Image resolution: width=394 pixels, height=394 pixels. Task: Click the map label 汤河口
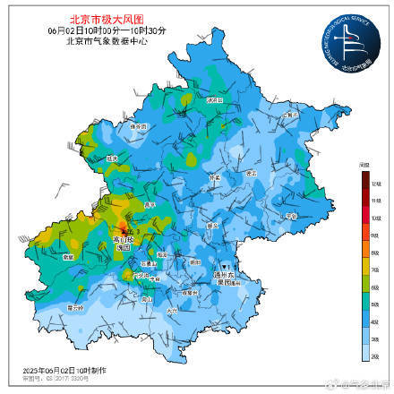tap(212, 101)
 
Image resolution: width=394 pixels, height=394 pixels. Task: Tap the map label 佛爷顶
tap(137, 128)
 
